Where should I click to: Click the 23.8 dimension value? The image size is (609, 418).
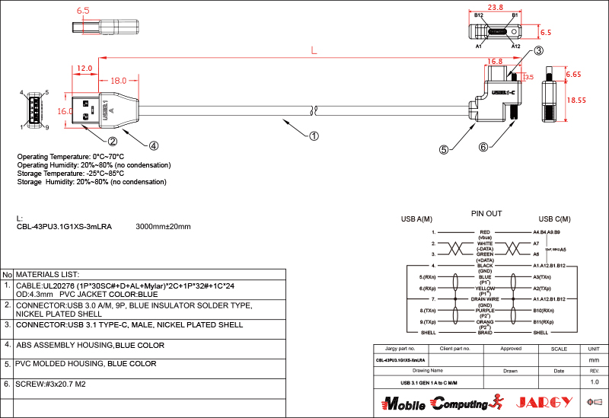tap(496, 7)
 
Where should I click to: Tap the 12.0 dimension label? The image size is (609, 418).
tap(84, 69)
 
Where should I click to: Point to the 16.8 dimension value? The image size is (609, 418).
tap(495, 62)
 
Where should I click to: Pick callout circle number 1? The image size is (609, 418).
tap(313, 137)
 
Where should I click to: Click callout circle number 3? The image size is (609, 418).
tap(537, 51)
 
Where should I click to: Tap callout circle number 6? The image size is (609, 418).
tap(483, 146)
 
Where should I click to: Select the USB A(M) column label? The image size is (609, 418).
tap(416, 220)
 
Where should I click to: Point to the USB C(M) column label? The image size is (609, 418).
tap(554, 220)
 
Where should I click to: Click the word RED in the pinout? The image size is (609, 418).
tap(485, 231)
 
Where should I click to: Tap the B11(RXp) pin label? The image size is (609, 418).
tap(548, 322)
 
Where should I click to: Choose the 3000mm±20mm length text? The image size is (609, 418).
tap(163, 227)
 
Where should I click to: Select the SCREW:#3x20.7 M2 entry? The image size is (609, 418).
tap(50, 384)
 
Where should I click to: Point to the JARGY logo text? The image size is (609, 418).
tap(542, 402)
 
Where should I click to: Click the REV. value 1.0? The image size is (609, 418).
tap(595, 381)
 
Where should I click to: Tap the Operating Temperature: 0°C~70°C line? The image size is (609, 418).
tap(70, 157)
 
